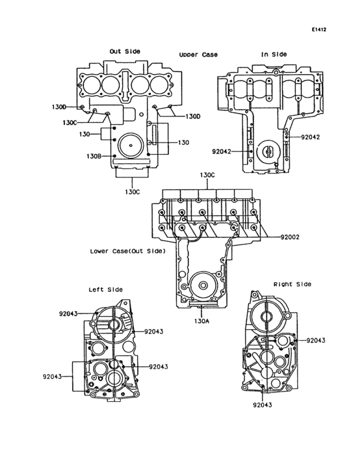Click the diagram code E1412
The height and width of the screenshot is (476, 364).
click(x=318, y=30)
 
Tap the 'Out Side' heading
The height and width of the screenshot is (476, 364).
click(x=125, y=51)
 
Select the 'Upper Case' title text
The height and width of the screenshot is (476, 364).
click(x=198, y=55)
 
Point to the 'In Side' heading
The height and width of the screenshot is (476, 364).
click(x=274, y=55)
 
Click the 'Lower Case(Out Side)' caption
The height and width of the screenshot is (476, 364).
click(x=127, y=252)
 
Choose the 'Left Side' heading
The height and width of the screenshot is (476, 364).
click(x=105, y=289)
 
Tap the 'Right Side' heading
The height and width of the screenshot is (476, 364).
click(x=292, y=284)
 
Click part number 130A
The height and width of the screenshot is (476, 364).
click(x=201, y=321)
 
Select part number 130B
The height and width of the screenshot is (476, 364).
click(x=94, y=156)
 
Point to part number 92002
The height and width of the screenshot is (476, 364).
click(x=290, y=237)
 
